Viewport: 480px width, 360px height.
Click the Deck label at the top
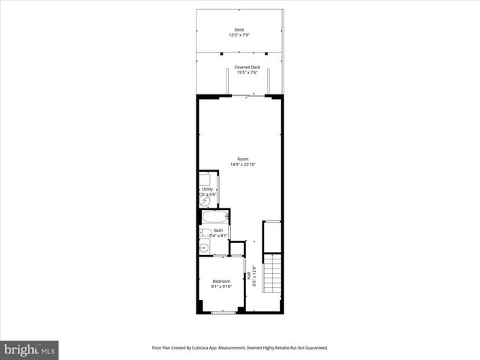click(x=239, y=31)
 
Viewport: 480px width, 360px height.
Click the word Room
click(x=242, y=159)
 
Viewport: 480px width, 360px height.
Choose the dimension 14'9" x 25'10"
click(x=242, y=164)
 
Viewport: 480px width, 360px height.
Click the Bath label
click(x=218, y=230)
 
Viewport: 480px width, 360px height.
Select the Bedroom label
click(x=221, y=281)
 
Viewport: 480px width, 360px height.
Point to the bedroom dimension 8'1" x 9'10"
click(x=221, y=286)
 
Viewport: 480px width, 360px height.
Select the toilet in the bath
click(x=205, y=232)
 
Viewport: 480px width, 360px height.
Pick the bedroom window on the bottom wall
click(x=223, y=312)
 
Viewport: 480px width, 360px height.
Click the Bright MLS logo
click(x=30, y=349)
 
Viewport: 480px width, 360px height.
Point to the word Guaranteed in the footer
click(x=313, y=348)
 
